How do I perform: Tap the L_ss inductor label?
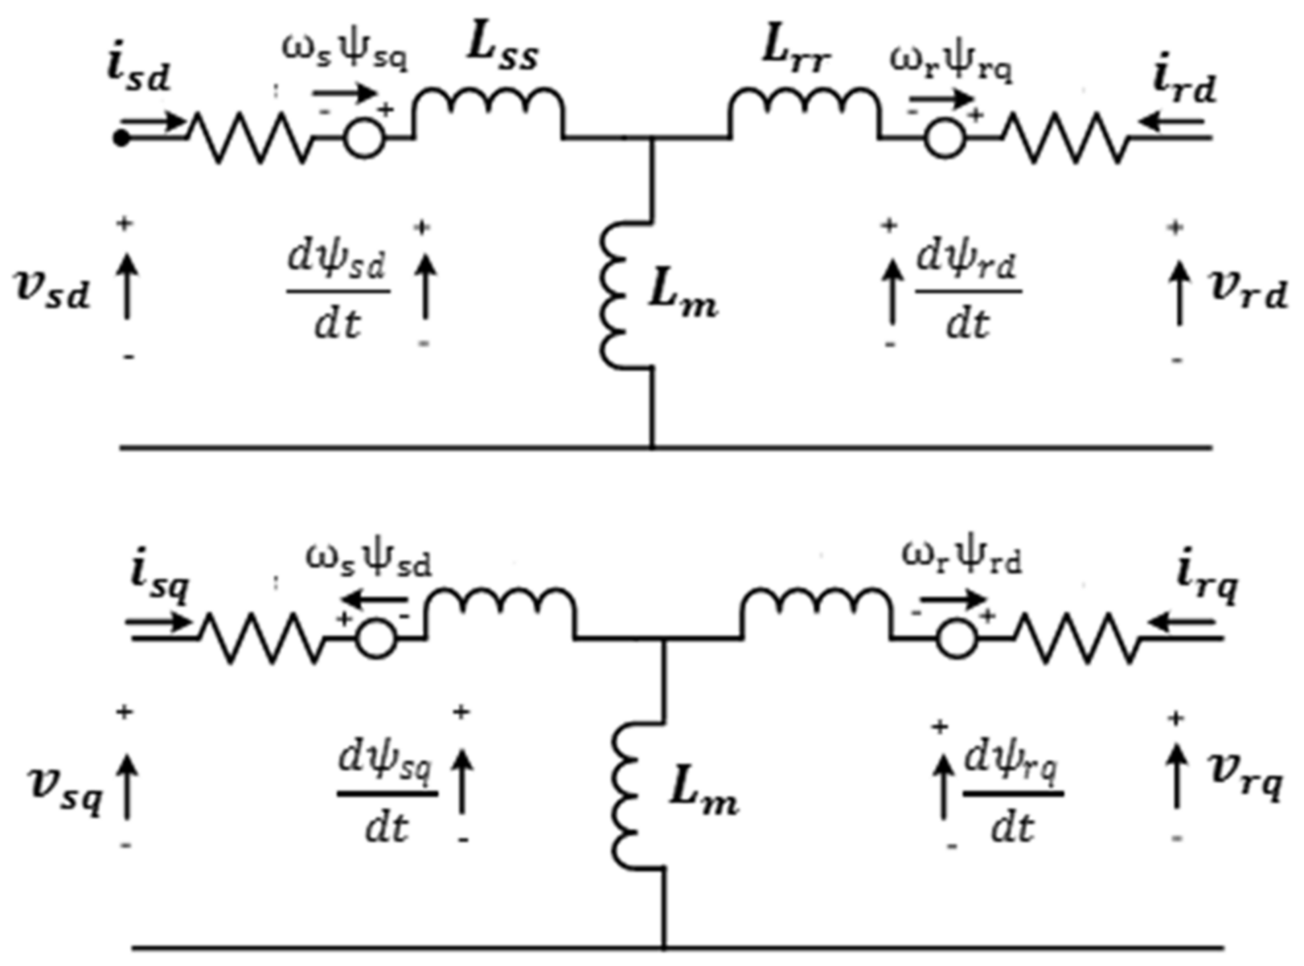503,50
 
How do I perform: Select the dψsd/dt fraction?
337,291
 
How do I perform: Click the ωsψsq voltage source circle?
364,139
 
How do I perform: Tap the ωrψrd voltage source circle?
957,639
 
